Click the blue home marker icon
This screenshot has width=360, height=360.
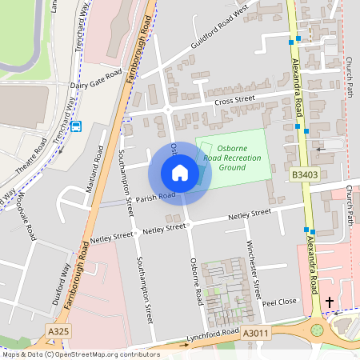[180, 172]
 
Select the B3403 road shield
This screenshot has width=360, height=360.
[303, 174]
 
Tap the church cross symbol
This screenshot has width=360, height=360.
[329, 302]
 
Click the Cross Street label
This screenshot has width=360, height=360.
[234, 100]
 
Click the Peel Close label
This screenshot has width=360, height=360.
[280, 302]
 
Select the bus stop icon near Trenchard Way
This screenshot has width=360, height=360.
[76, 125]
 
